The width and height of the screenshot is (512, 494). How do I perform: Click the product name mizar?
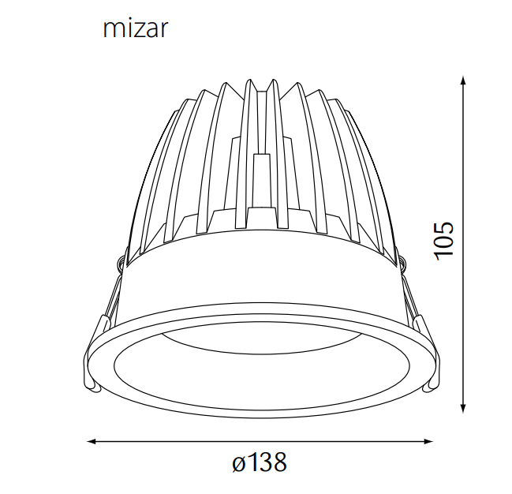[x=136, y=29]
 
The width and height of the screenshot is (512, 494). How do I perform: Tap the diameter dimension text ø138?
[x=260, y=462]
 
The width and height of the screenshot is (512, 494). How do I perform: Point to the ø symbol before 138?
[x=240, y=463]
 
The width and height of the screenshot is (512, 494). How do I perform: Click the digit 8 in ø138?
[x=278, y=462]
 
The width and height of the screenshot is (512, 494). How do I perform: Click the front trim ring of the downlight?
[x=260, y=404]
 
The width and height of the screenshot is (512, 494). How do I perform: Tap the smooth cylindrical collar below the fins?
[x=260, y=276]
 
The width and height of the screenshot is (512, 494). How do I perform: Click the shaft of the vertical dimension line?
[x=463, y=316]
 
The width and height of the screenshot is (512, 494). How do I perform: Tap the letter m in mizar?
[x=113, y=30]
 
